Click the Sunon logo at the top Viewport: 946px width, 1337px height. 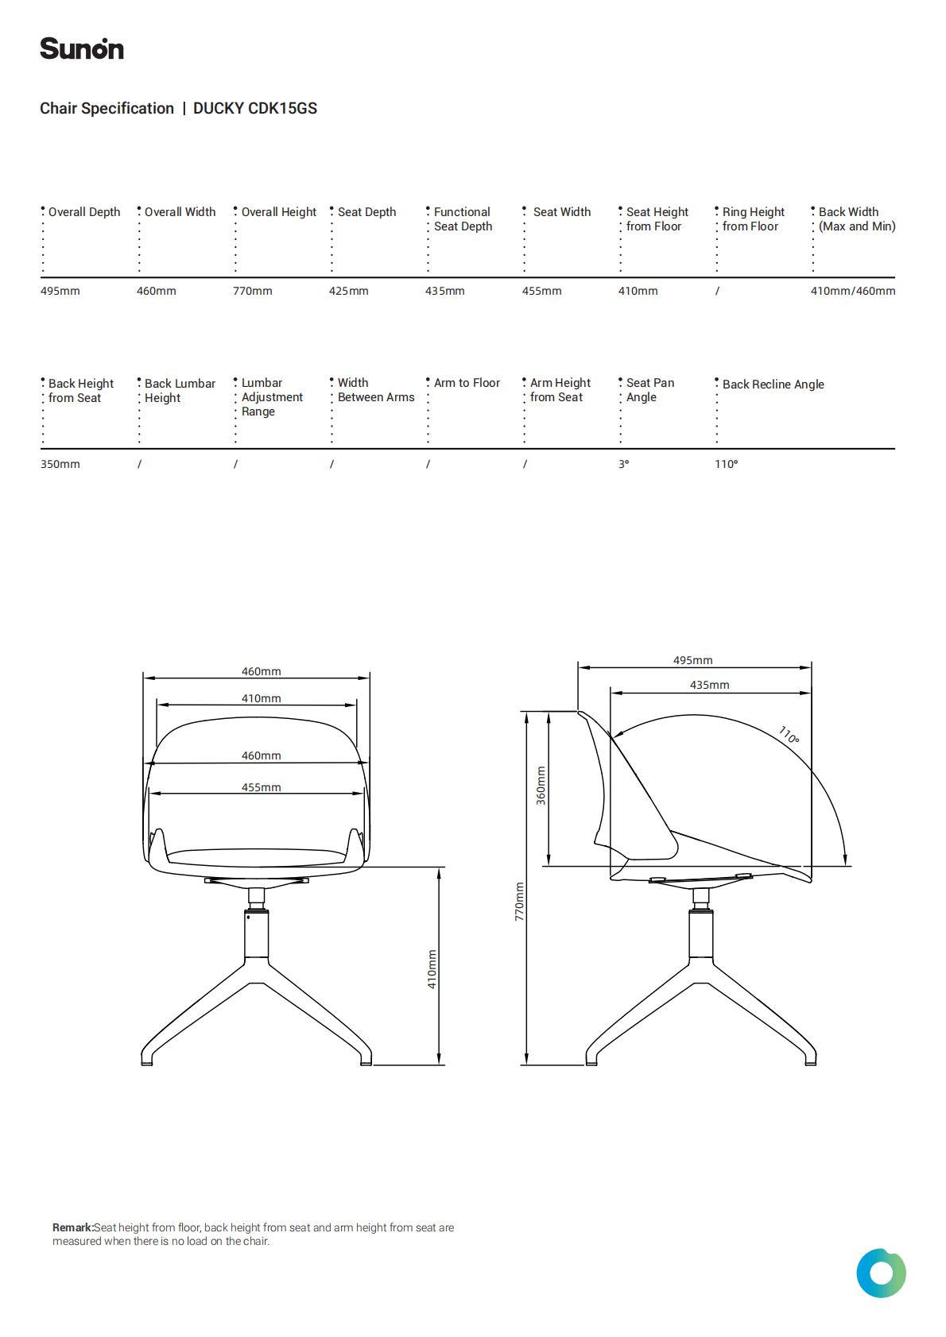coord(82,48)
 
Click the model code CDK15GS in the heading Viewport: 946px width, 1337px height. coord(282,108)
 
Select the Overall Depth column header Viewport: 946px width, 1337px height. coord(83,212)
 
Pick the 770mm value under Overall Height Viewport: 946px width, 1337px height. coord(252,291)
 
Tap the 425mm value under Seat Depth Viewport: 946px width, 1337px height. coord(348,291)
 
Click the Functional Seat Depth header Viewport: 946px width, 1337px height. coord(463,219)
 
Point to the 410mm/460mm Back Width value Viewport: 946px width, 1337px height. coord(852,291)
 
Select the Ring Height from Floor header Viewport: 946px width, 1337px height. coord(753,219)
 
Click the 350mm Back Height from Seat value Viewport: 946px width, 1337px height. coord(60,464)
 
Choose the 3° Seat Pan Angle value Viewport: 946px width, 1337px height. coord(623,464)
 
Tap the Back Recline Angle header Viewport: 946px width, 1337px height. coord(773,384)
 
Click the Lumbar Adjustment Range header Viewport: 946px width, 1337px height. coord(272,397)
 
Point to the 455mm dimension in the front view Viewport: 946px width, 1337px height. coord(262,787)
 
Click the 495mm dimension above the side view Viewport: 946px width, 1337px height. coord(692,660)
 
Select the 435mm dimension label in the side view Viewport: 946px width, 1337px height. coord(709,685)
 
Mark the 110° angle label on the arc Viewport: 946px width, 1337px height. coord(789,736)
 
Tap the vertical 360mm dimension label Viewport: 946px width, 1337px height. coord(541,786)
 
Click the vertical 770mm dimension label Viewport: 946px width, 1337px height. coord(519,902)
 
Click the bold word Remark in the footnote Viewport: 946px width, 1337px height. coord(72,1227)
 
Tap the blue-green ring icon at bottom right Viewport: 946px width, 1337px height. coord(881,1273)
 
